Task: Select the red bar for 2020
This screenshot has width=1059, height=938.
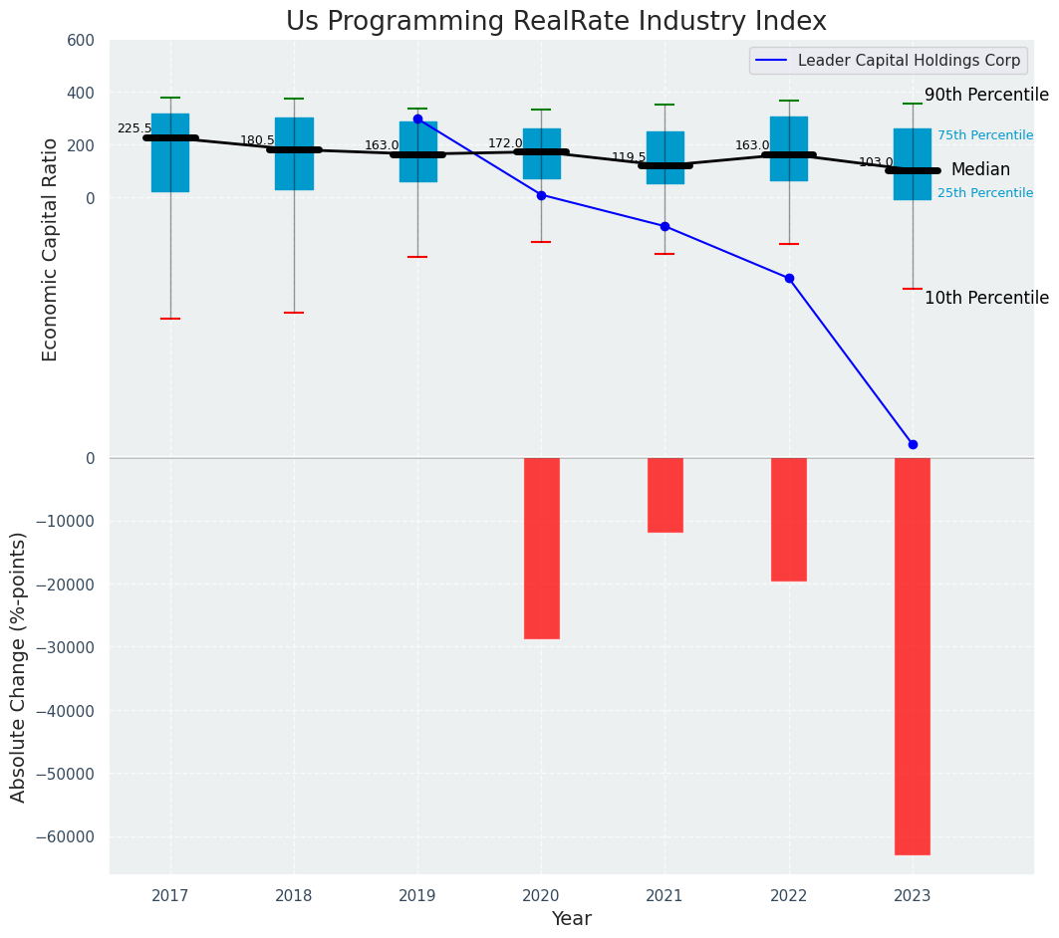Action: tap(541, 548)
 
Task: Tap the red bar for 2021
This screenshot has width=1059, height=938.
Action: tap(664, 495)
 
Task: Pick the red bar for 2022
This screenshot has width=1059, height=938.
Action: tap(788, 519)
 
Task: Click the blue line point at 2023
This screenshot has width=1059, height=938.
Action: tap(913, 444)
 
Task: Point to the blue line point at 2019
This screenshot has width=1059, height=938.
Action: tap(417, 118)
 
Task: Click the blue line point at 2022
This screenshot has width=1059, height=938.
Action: tap(789, 278)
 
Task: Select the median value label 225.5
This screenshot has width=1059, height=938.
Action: tap(134, 128)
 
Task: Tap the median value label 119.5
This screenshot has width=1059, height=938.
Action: tap(629, 157)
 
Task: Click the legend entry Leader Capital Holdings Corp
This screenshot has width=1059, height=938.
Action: tap(909, 61)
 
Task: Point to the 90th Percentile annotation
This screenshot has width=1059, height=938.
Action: tap(986, 96)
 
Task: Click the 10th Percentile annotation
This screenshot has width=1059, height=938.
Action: tap(986, 298)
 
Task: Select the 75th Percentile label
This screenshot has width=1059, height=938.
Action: tap(984, 135)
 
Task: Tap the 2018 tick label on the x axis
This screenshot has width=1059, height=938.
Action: tap(294, 895)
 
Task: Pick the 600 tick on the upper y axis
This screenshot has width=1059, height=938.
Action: tap(81, 41)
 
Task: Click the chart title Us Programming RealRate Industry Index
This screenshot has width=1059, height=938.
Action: tap(556, 22)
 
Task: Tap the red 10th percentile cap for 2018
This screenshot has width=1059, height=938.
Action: tap(294, 313)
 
